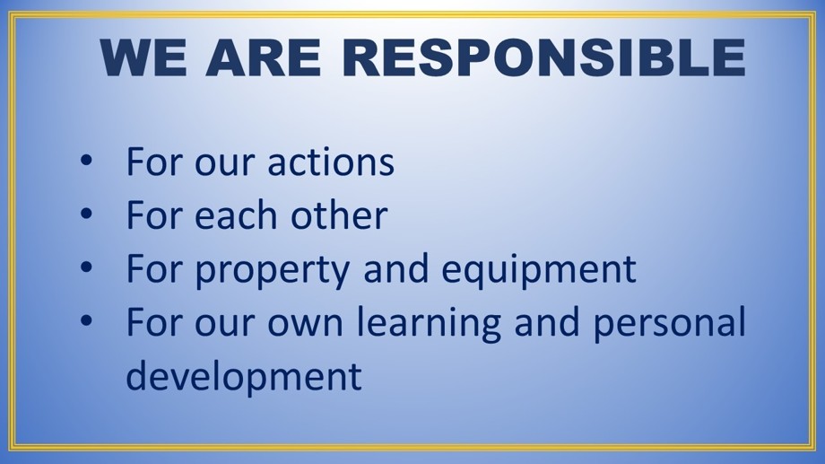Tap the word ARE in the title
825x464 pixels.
pyautogui.click(x=263, y=57)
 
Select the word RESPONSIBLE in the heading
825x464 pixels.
pyautogui.click(x=543, y=57)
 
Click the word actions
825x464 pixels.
pyautogui.click(x=331, y=162)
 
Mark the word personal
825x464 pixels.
pyautogui.click(x=670, y=323)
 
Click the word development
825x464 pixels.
pyautogui.click(x=244, y=376)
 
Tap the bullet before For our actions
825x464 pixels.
pyautogui.click(x=86, y=160)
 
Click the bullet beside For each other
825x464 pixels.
pyautogui.click(x=86, y=214)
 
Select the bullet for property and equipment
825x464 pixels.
pyautogui.click(x=86, y=267)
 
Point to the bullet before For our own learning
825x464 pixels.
pyautogui.click(x=86, y=320)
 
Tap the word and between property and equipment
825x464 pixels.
pyautogui.click(x=395, y=268)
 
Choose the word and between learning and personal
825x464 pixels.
pyautogui.click(x=547, y=322)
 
